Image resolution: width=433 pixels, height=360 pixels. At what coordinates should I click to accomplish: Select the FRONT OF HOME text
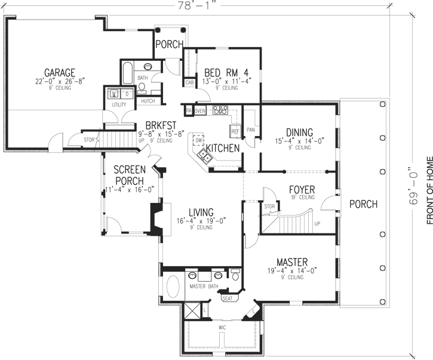429,191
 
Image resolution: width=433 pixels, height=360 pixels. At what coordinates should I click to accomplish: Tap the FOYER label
302,189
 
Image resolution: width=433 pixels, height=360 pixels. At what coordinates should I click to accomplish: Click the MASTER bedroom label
291,262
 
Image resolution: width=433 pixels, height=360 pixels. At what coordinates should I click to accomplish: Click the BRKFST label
155,126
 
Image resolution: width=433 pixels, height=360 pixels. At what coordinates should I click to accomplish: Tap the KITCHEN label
223,147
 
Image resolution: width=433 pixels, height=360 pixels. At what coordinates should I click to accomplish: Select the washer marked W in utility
114,94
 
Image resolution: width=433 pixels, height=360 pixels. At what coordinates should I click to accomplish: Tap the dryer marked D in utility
127,94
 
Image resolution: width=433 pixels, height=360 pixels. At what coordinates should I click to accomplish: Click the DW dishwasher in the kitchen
198,140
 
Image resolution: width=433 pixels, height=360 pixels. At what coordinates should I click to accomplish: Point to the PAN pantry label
251,129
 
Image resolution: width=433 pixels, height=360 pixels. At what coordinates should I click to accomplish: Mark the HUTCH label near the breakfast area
148,101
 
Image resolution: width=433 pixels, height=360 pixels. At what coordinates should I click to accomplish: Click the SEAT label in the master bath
227,297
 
